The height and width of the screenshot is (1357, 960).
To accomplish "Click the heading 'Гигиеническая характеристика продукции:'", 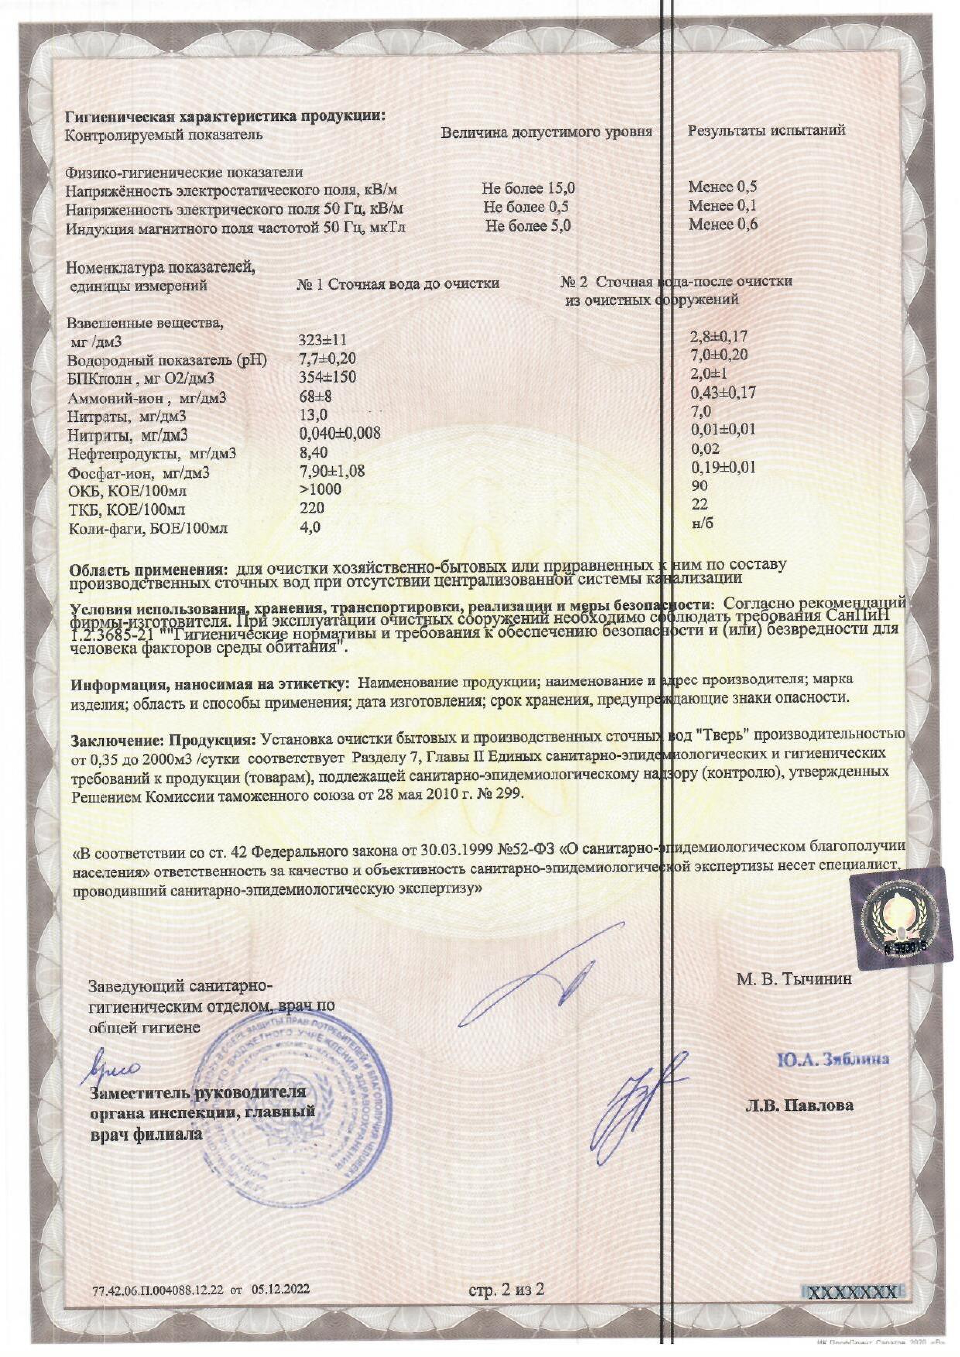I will point(225,115).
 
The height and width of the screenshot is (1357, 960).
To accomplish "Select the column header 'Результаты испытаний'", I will point(766,130).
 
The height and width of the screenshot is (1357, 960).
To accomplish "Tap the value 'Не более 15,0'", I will point(528,189).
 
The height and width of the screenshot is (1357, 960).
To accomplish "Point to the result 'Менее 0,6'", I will point(722,225).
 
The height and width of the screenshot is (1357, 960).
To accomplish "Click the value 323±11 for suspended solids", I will point(323,340).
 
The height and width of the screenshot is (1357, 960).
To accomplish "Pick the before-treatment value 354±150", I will point(328,377).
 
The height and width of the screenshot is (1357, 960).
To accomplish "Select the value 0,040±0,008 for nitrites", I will point(340,433).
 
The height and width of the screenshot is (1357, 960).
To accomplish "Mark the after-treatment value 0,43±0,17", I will point(723,392).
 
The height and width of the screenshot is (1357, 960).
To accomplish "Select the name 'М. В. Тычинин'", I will point(794,979).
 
